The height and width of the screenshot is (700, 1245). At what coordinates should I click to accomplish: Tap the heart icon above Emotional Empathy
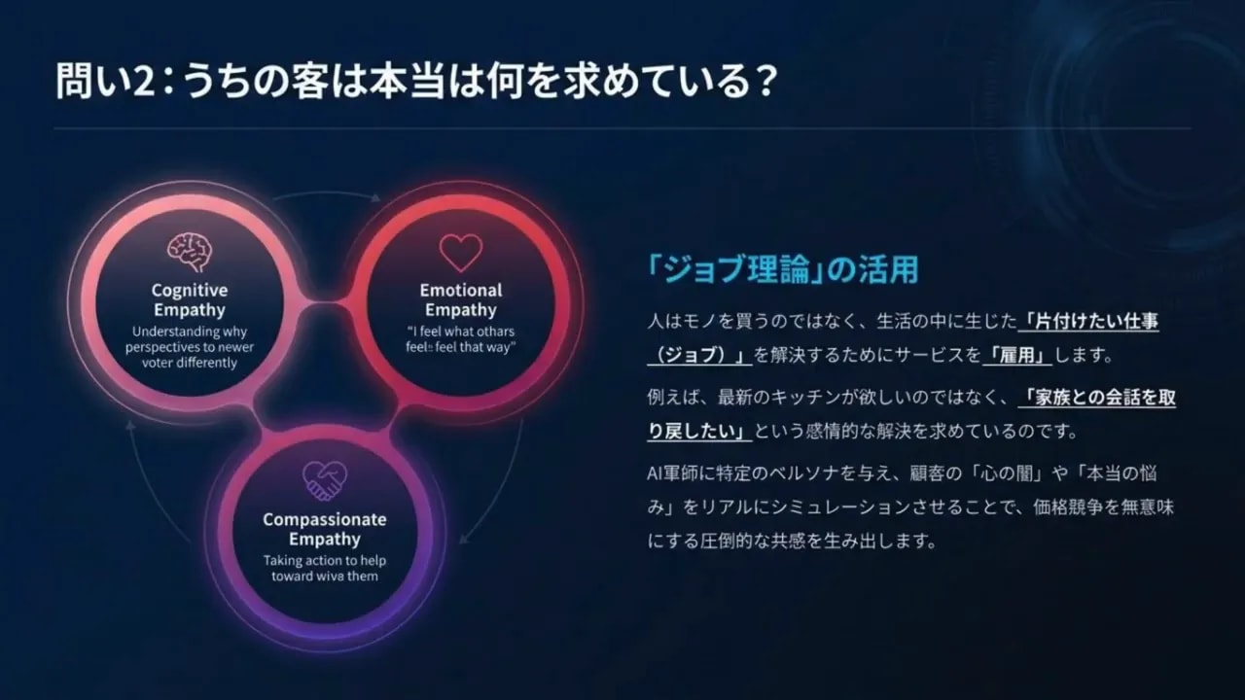point(461,253)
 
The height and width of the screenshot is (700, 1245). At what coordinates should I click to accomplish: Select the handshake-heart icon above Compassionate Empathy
point(324,478)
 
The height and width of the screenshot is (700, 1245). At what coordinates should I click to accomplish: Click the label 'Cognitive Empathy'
point(190,300)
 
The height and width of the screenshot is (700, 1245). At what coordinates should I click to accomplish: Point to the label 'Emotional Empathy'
point(461,300)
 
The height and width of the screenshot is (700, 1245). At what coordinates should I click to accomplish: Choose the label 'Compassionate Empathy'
point(324,529)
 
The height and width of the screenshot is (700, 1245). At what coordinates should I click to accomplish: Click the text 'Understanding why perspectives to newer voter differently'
point(190,347)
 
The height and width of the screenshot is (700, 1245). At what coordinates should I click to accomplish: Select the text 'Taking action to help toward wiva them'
point(324,568)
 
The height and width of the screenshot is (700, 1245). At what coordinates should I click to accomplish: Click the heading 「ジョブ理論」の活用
point(782,269)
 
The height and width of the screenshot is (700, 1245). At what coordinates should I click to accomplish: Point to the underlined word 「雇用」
point(1017,355)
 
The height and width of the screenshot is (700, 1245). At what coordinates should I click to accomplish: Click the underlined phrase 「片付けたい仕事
point(1093,320)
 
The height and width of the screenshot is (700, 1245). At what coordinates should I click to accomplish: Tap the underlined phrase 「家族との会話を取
point(1096,397)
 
